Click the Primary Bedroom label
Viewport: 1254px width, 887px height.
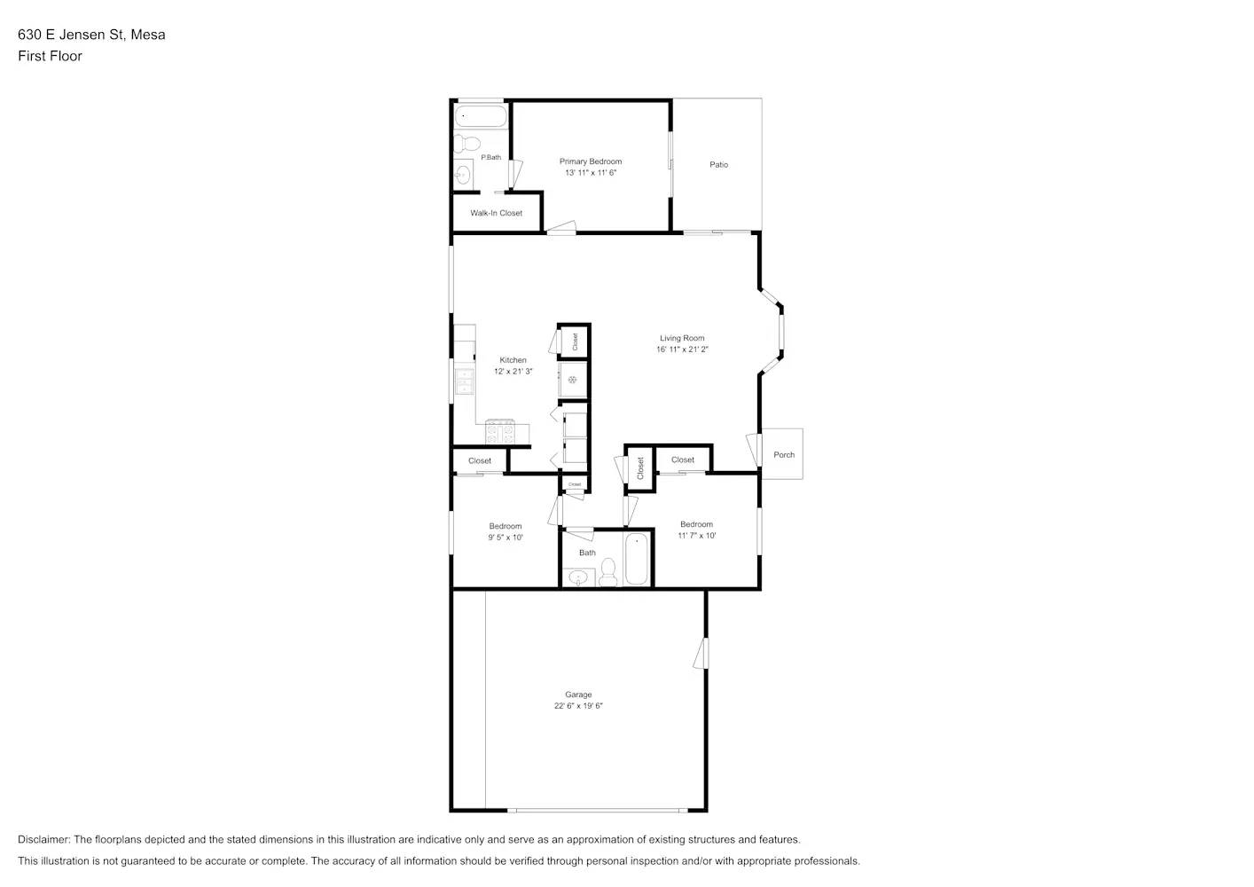point(591,161)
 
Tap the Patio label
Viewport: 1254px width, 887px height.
point(719,165)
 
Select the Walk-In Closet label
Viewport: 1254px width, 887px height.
point(496,213)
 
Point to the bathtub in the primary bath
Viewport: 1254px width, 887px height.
point(481,116)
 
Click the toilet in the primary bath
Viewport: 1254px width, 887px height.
point(466,143)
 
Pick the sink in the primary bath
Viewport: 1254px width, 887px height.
point(462,175)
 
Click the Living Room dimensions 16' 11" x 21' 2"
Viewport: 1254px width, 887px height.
point(682,349)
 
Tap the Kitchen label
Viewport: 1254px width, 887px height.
point(513,360)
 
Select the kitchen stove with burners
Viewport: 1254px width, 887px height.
point(500,432)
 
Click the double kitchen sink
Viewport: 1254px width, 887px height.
point(464,381)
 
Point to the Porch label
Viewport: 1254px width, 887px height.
point(784,455)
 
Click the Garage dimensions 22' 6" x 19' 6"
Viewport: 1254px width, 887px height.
point(578,705)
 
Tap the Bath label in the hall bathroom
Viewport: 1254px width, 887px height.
point(587,553)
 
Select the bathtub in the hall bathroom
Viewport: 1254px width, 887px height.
point(637,559)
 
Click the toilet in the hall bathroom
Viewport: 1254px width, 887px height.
point(608,572)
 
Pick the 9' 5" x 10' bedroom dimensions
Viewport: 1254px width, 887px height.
point(506,538)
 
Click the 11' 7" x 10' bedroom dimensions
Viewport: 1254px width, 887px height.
point(697,536)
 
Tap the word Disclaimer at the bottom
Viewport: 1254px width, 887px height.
point(43,839)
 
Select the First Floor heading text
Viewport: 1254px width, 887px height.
point(50,56)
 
